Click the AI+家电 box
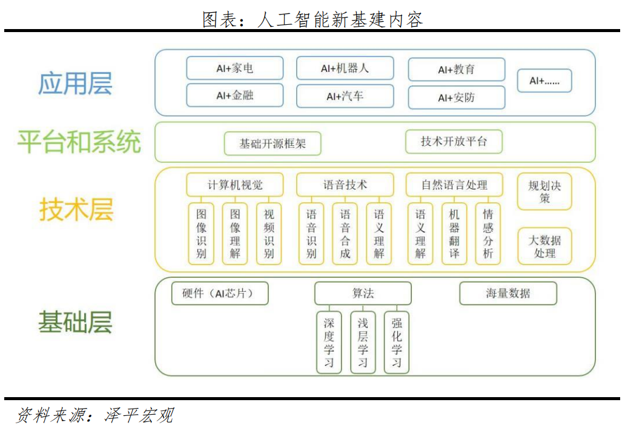[x=235, y=68]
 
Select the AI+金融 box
[x=235, y=95]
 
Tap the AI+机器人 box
[x=345, y=68]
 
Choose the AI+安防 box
[x=457, y=97]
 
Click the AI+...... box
[x=544, y=81]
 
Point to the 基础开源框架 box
[x=273, y=143]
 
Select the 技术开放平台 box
[x=454, y=142]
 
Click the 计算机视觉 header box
[x=235, y=185]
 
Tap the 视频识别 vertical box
[x=269, y=234]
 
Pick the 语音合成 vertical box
[x=345, y=234]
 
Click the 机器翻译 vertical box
[x=454, y=234]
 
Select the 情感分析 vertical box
[x=488, y=234]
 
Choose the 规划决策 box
[x=544, y=192]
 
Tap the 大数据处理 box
[x=544, y=246]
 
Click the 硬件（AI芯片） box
[x=220, y=293]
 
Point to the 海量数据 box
[x=508, y=293]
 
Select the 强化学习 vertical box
[x=396, y=342]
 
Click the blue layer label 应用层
[x=75, y=84]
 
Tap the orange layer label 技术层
[x=76, y=209]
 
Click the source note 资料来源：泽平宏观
[x=95, y=415]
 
